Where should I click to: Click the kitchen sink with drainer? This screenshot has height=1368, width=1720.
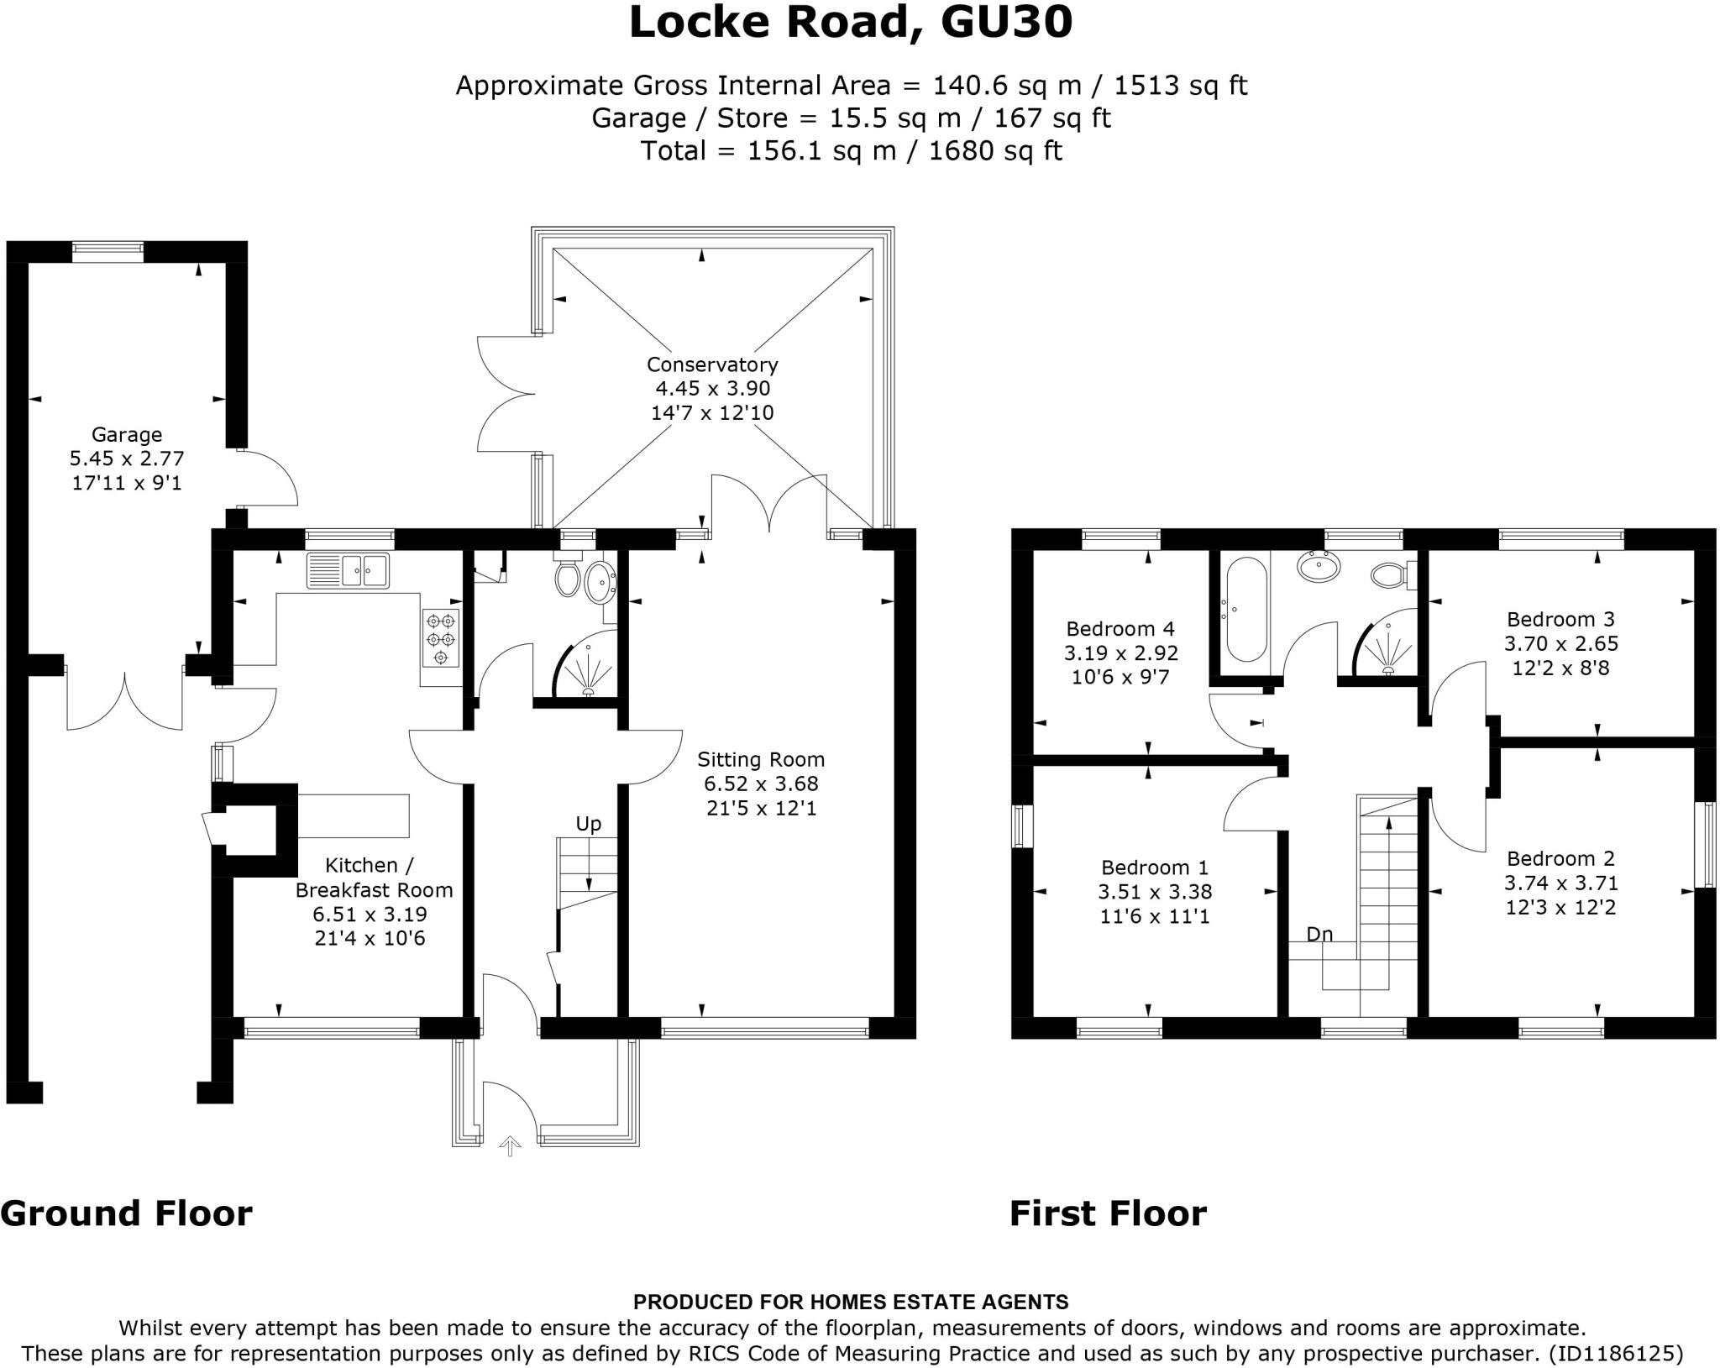point(348,570)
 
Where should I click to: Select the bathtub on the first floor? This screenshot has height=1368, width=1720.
point(1246,611)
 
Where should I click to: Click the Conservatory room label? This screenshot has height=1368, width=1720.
point(712,364)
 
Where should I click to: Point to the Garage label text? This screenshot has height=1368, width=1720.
point(127,435)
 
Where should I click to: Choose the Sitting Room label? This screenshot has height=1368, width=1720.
point(761,760)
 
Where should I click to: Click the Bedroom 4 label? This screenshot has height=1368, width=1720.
point(1120,629)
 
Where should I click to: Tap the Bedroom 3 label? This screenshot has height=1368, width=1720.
point(1560,620)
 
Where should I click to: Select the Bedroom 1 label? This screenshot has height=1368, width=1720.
point(1156,867)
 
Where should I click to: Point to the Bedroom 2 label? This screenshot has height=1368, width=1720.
point(1560,859)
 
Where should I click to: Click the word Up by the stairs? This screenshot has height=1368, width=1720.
point(589,824)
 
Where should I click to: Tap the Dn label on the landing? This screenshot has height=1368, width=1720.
point(1319,935)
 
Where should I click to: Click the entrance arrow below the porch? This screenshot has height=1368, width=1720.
point(510,1145)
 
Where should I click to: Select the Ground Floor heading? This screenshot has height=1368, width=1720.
point(126,1213)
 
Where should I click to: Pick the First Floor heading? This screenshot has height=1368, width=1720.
point(1108,1213)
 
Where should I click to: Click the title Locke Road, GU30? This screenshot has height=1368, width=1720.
point(851,23)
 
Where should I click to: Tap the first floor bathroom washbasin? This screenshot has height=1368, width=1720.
point(1320,568)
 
